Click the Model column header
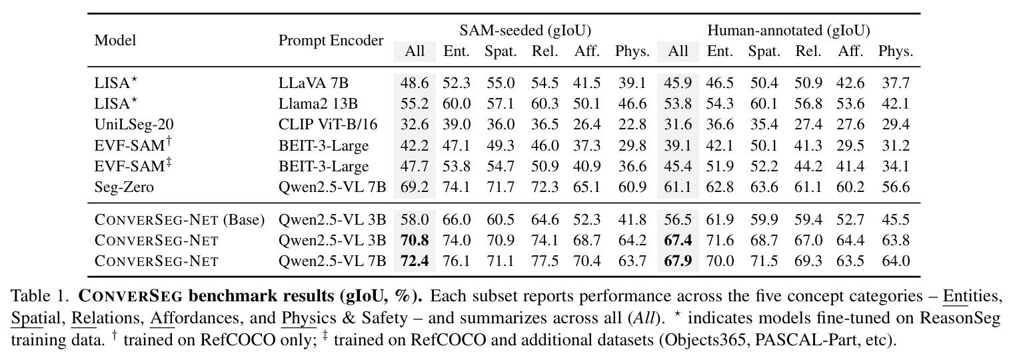[115, 40]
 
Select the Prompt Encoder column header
[331, 40]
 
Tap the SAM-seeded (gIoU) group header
[525, 30]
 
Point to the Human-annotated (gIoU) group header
[788, 30]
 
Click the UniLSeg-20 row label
[134, 125]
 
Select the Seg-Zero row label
[124, 187]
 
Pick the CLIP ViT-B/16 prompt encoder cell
[328, 125]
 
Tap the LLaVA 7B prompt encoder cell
[313, 83]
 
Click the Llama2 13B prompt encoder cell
[318, 103]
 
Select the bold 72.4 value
[415, 261]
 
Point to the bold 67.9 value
[678, 261]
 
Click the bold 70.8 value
[415, 240]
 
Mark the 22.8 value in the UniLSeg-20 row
[632, 125]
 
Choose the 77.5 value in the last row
[545, 261]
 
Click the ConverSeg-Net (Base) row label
[179, 220]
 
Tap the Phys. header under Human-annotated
[896, 51]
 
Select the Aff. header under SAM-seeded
[587, 51]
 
